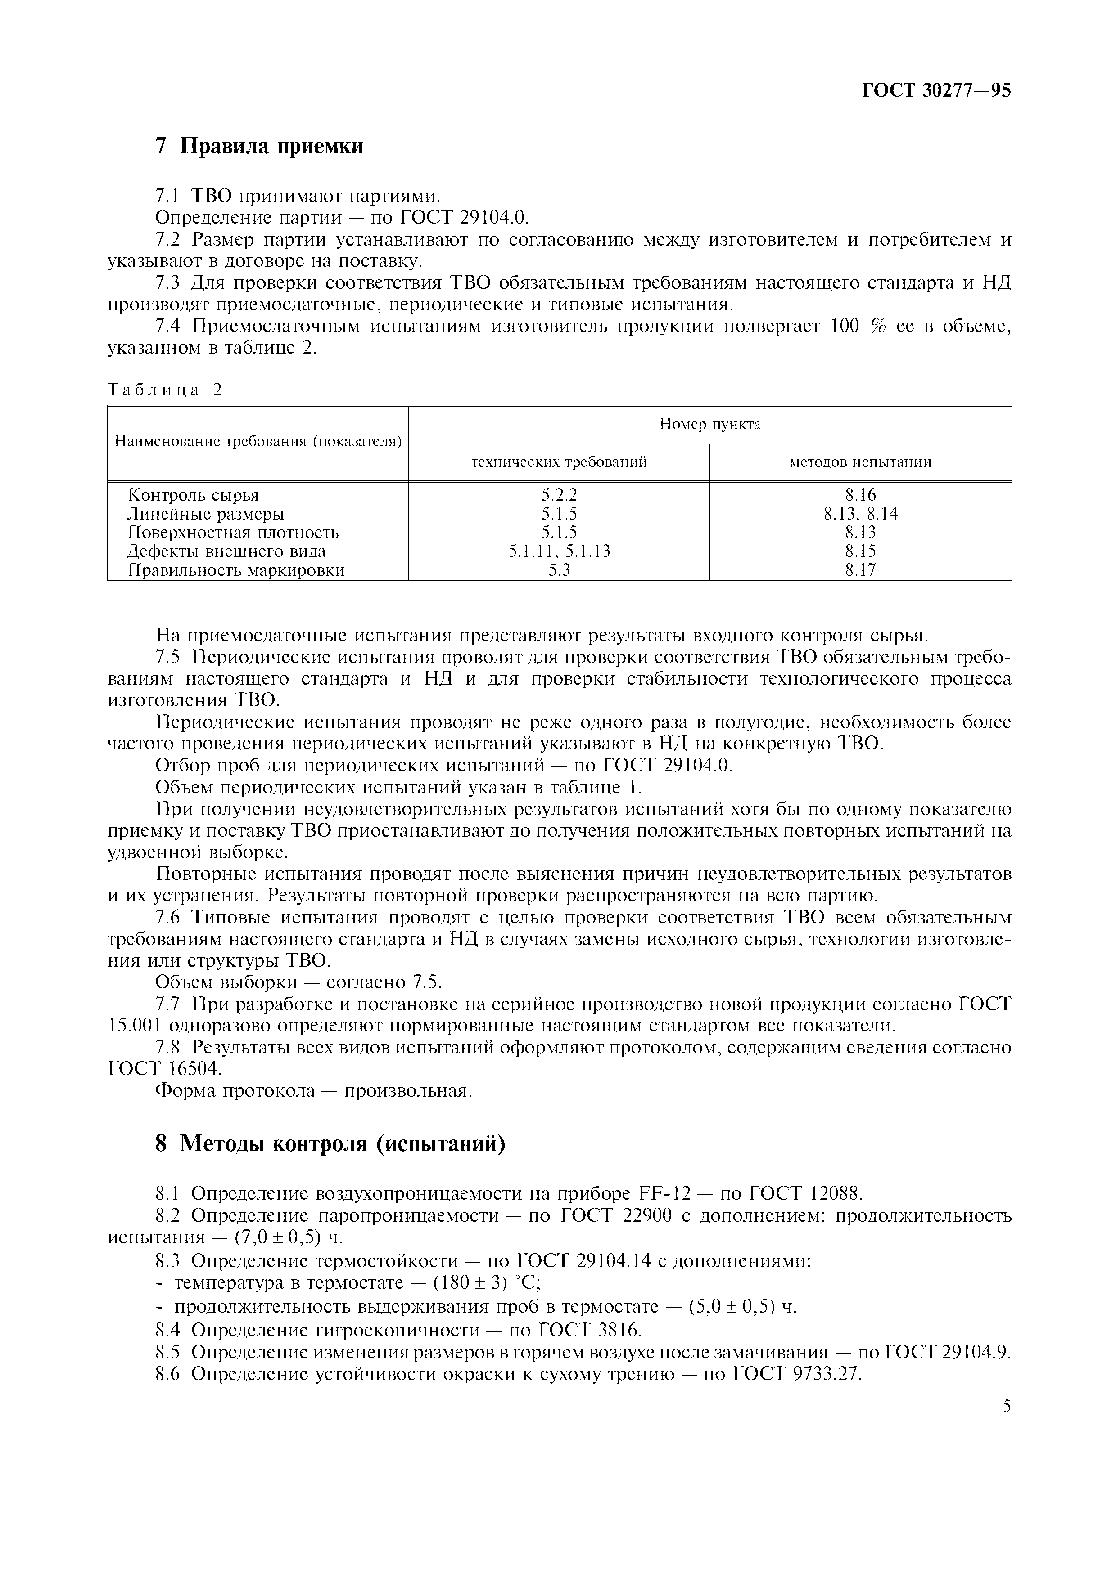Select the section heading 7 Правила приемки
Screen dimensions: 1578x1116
coord(259,146)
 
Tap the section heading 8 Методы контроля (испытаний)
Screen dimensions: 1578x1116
coord(330,1143)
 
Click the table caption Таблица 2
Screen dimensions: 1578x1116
coord(165,390)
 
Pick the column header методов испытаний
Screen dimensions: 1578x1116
coord(860,462)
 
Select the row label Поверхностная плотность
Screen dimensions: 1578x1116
coord(233,532)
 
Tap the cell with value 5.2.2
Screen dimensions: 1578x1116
coord(559,495)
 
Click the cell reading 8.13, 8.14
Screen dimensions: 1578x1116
coord(860,513)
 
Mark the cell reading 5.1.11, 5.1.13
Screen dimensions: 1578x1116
coord(559,551)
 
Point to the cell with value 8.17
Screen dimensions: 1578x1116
coord(860,570)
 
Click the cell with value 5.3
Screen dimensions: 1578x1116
coord(559,570)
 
